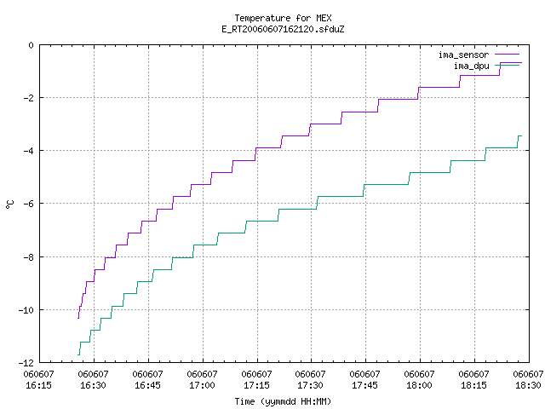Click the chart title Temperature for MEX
click(x=283, y=18)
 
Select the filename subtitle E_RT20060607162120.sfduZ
click(x=283, y=29)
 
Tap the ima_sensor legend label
click(x=463, y=55)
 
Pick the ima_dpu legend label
click(x=471, y=66)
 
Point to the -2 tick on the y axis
click(x=28, y=98)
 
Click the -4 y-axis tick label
click(x=28, y=151)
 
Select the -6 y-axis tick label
click(x=28, y=204)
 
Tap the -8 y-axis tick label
click(x=28, y=257)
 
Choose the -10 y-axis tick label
click(x=26, y=310)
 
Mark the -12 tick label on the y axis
click(x=26, y=363)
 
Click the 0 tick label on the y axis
click(x=32, y=45)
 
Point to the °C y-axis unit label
click(x=9, y=204)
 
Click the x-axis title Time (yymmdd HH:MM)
click(x=283, y=401)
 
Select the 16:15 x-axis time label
click(x=39, y=385)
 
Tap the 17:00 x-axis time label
click(x=203, y=385)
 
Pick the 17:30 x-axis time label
click(x=310, y=385)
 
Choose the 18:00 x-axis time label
click(x=420, y=385)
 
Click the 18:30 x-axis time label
click(x=528, y=385)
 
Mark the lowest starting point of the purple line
click(x=78, y=318)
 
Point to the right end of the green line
click(x=522, y=136)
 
